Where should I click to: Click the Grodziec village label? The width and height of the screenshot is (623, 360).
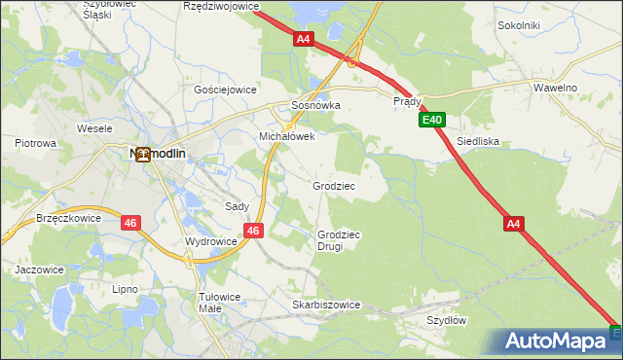click(334, 185)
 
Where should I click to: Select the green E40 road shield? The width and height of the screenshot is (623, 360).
click(432, 121)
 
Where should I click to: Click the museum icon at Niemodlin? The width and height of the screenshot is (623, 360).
click(143, 154)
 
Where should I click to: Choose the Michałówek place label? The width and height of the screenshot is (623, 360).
click(286, 137)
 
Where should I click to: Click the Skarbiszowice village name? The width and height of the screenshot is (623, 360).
click(326, 305)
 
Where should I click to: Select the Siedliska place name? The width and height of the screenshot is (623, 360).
click(478, 141)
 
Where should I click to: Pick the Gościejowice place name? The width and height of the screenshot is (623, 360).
click(225, 89)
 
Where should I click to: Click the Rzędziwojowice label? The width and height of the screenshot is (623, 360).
click(221, 6)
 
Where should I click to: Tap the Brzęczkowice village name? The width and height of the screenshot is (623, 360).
click(68, 218)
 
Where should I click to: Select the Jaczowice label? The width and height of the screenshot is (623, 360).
click(39, 269)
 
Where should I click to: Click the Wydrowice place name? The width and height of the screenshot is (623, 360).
click(211, 240)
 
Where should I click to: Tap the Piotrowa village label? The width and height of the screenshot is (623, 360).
click(36, 143)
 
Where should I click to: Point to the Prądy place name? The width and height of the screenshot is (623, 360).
click(406, 101)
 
